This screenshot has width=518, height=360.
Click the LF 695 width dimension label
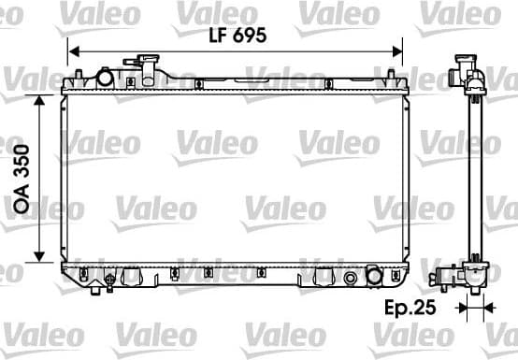pyautogui.click(x=237, y=36)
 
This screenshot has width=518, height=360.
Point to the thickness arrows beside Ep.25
pyautogui.click(x=473, y=307)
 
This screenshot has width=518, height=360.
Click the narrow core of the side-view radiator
pyautogui.click(x=474, y=178)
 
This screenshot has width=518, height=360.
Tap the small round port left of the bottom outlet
pyautogui.click(x=351, y=277)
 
